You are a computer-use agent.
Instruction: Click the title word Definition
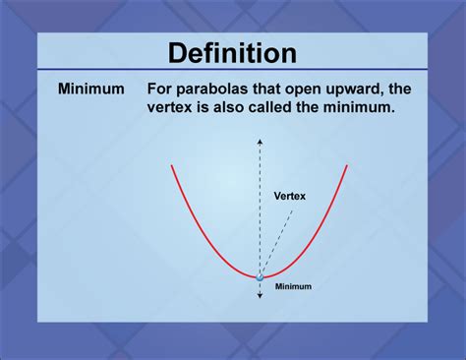tap(233, 51)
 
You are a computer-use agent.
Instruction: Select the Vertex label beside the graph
tap(289, 196)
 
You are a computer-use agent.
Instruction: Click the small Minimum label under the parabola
tap(293, 286)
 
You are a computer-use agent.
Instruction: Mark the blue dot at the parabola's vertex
tap(260, 278)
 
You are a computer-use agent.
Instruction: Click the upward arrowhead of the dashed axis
tap(260, 142)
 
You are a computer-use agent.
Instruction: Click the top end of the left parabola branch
tap(172, 166)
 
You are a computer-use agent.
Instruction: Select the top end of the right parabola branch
tap(347, 166)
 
